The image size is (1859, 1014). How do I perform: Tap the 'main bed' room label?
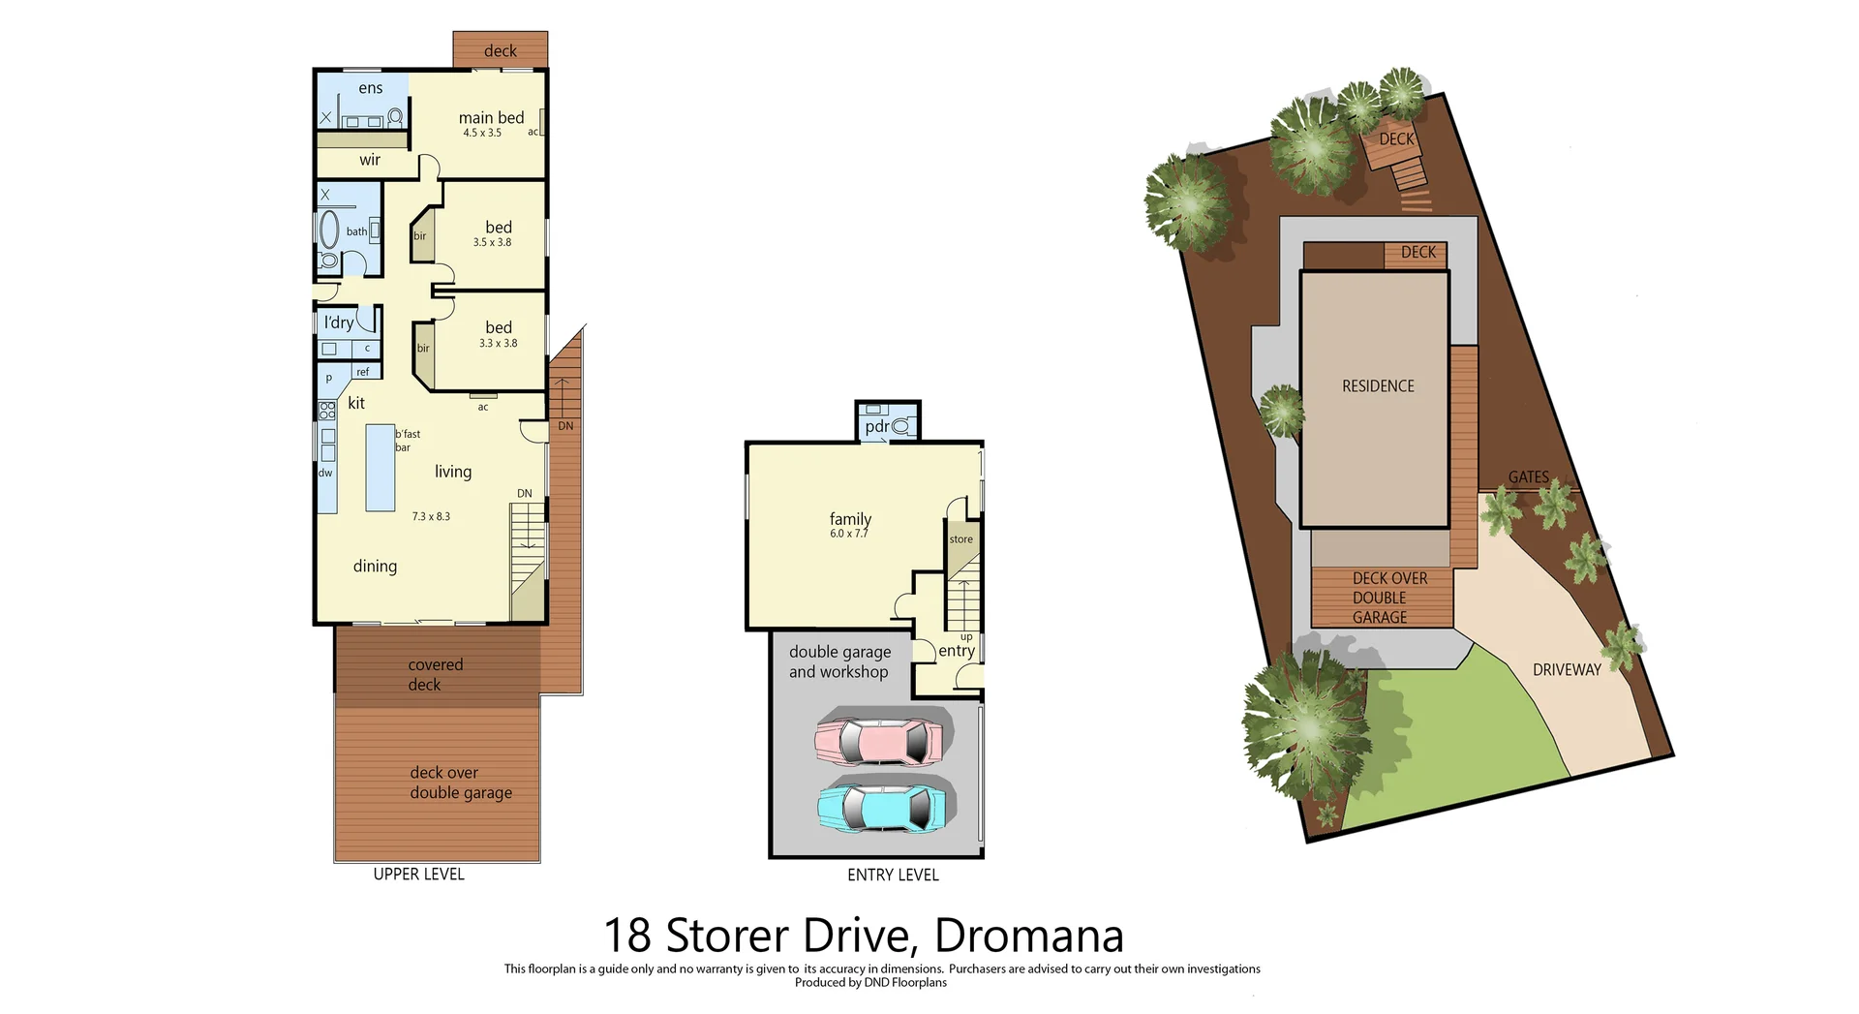coord(491,118)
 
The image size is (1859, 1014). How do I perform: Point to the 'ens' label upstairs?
coord(371,88)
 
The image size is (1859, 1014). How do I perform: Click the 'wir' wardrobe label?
coord(370,160)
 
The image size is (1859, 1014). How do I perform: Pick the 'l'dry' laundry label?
coord(339,323)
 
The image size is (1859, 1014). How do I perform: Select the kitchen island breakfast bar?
coord(380,468)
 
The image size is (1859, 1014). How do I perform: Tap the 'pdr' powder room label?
coord(877,426)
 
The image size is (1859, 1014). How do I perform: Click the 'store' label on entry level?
coord(960,539)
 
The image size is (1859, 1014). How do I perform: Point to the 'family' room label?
coord(850,519)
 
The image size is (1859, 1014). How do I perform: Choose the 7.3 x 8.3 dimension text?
coord(431,516)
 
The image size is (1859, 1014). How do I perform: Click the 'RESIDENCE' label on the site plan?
coord(1378,386)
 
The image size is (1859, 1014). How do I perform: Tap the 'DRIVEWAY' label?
coord(1566,669)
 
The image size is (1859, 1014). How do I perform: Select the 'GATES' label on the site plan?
coord(1528,476)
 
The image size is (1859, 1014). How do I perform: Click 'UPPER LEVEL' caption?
coord(418,874)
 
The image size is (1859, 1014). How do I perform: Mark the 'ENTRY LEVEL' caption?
coord(893,875)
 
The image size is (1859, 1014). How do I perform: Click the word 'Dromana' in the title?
coord(1028,936)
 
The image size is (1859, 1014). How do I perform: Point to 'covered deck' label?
coord(435,674)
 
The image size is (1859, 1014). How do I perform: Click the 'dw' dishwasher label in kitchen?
coord(325,473)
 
